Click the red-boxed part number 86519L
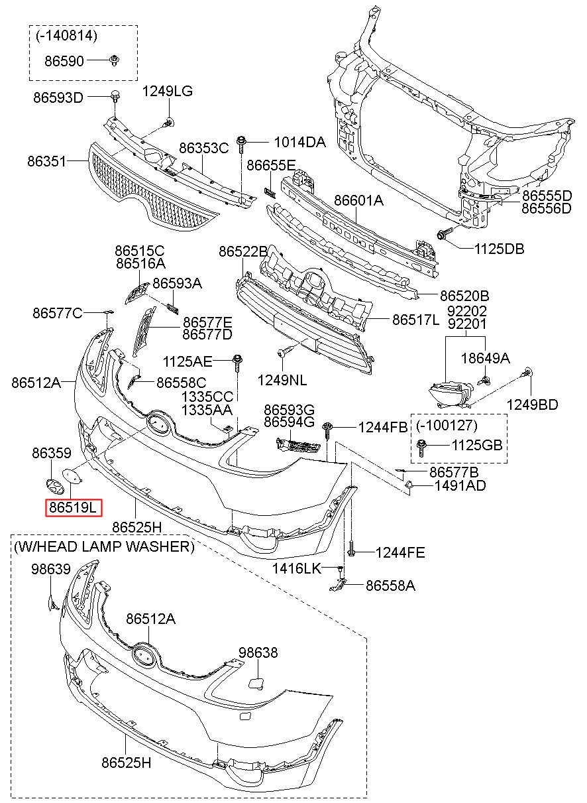coord(74,507)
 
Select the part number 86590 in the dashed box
coord(64,61)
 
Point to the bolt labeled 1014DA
coord(241,145)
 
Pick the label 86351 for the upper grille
coord(47,162)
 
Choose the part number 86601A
coord(358,201)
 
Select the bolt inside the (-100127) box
coord(421,448)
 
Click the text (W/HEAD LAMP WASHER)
coord(104,546)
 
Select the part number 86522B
coord(243,252)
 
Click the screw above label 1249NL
coord(286,350)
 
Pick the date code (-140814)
coord(67,36)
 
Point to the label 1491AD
coord(460,486)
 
